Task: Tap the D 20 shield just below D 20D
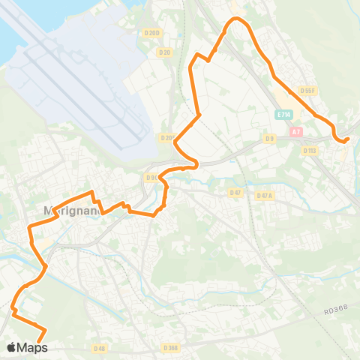(x=165, y=52)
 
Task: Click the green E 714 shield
(x=283, y=115)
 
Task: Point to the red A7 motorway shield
(x=296, y=131)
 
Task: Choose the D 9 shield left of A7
(x=270, y=139)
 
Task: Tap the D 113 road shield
(x=310, y=150)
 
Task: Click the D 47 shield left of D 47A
(x=235, y=193)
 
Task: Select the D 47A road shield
(x=264, y=196)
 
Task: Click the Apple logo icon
(x=11, y=348)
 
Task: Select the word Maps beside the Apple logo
(x=33, y=348)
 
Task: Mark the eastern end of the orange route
(x=347, y=138)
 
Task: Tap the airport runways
(x=82, y=82)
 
